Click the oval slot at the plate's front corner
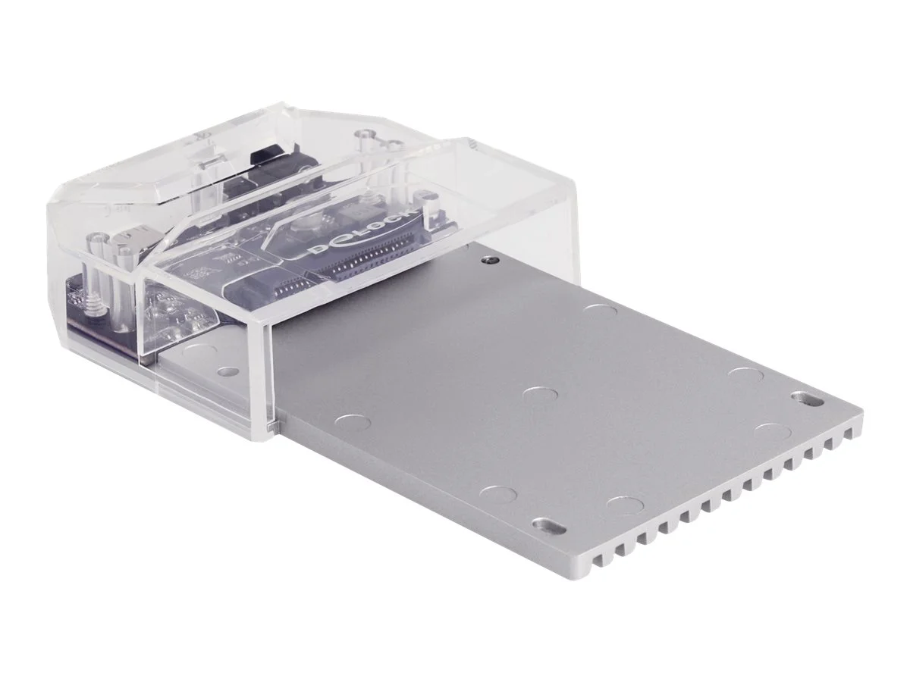(x=547, y=525)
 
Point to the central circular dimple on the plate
(x=541, y=396)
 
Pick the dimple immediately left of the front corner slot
(x=498, y=495)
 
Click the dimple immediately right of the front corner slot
(x=624, y=504)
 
